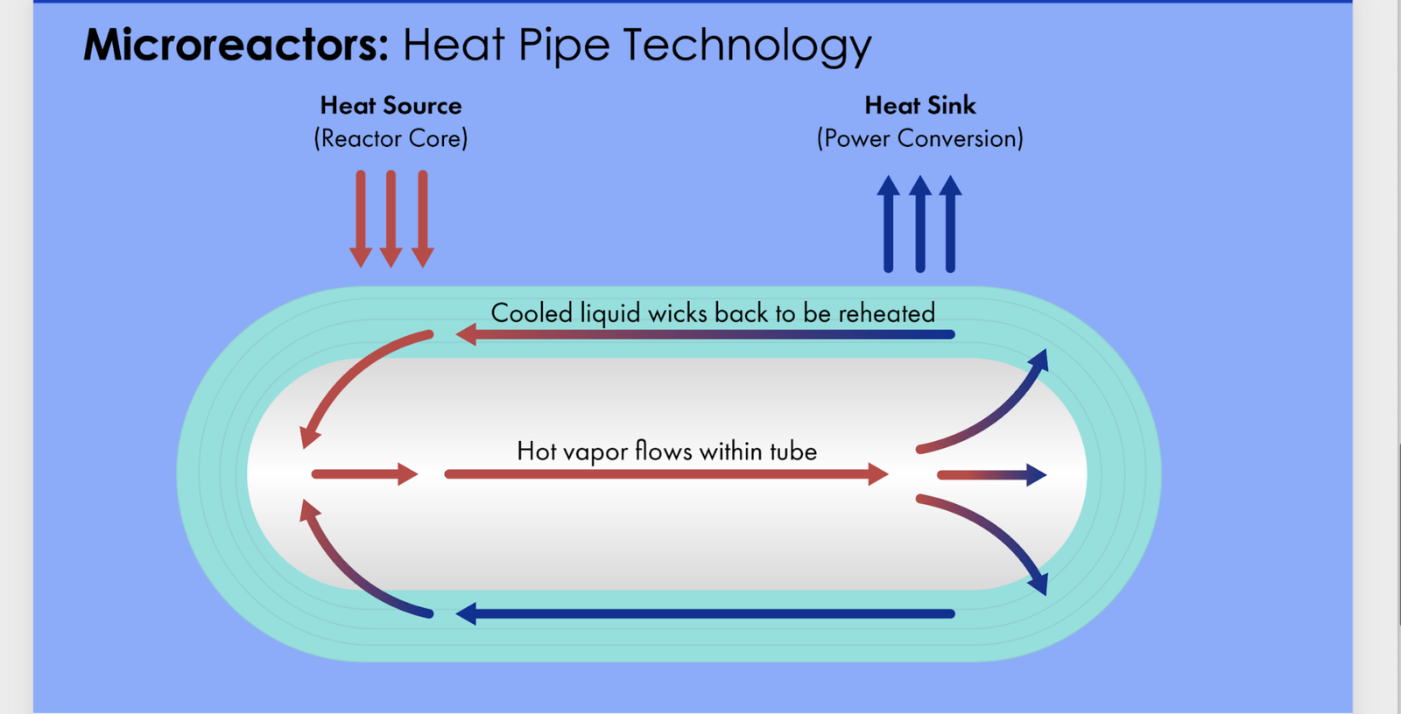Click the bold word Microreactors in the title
click(x=235, y=45)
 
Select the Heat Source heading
click(x=391, y=106)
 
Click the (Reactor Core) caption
click(x=391, y=138)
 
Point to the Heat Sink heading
click(x=919, y=106)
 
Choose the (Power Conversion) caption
click(x=919, y=138)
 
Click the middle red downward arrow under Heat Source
click(x=391, y=219)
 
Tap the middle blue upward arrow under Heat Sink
click(x=919, y=224)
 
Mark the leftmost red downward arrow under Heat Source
click(x=361, y=219)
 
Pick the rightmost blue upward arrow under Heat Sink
click(x=950, y=224)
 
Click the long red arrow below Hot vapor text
click(x=665, y=474)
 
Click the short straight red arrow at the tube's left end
click(x=364, y=474)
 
